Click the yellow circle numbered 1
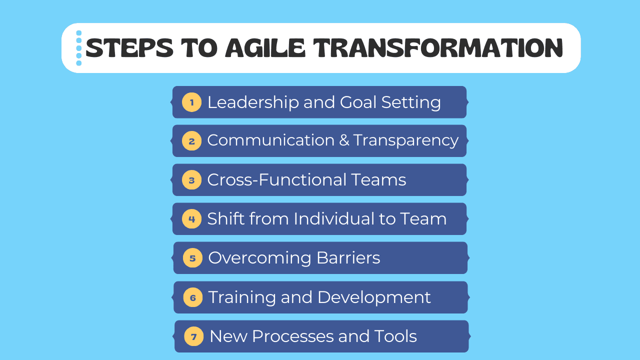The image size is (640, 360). tap(191, 102)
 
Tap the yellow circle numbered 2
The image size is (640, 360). tap(191, 141)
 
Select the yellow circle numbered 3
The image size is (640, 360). tap(191, 180)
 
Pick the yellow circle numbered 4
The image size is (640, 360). tap(191, 219)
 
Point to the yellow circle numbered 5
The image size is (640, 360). tap(192, 258)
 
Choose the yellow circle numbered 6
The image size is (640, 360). tap(193, 297)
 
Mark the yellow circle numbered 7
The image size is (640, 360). tap(193, 336)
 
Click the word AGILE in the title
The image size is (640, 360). tap(265, 47)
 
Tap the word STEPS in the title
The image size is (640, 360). tap(129, 47)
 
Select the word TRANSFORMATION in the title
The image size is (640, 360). tap(438, 47)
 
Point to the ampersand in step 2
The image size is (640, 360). tap(344, 140)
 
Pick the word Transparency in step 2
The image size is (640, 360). tap(406, 141)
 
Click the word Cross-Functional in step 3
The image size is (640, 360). tap(277, 179)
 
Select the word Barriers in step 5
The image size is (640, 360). tap(348, 257)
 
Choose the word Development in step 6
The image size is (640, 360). tap(374, 297)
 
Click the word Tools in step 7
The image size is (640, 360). tap(395, 336)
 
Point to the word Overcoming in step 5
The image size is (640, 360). tap(259, 258)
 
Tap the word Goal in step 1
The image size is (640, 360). tap(358, 102)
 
